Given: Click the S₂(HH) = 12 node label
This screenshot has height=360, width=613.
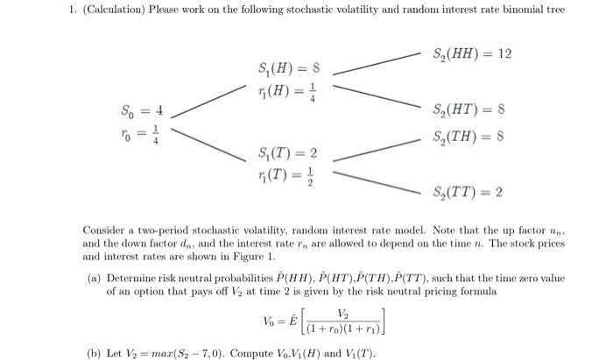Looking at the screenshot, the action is pos(472,54).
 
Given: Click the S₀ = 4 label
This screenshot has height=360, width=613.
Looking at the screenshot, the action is pos(141,112).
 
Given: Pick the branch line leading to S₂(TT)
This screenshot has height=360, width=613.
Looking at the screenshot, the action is pos(377,182).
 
